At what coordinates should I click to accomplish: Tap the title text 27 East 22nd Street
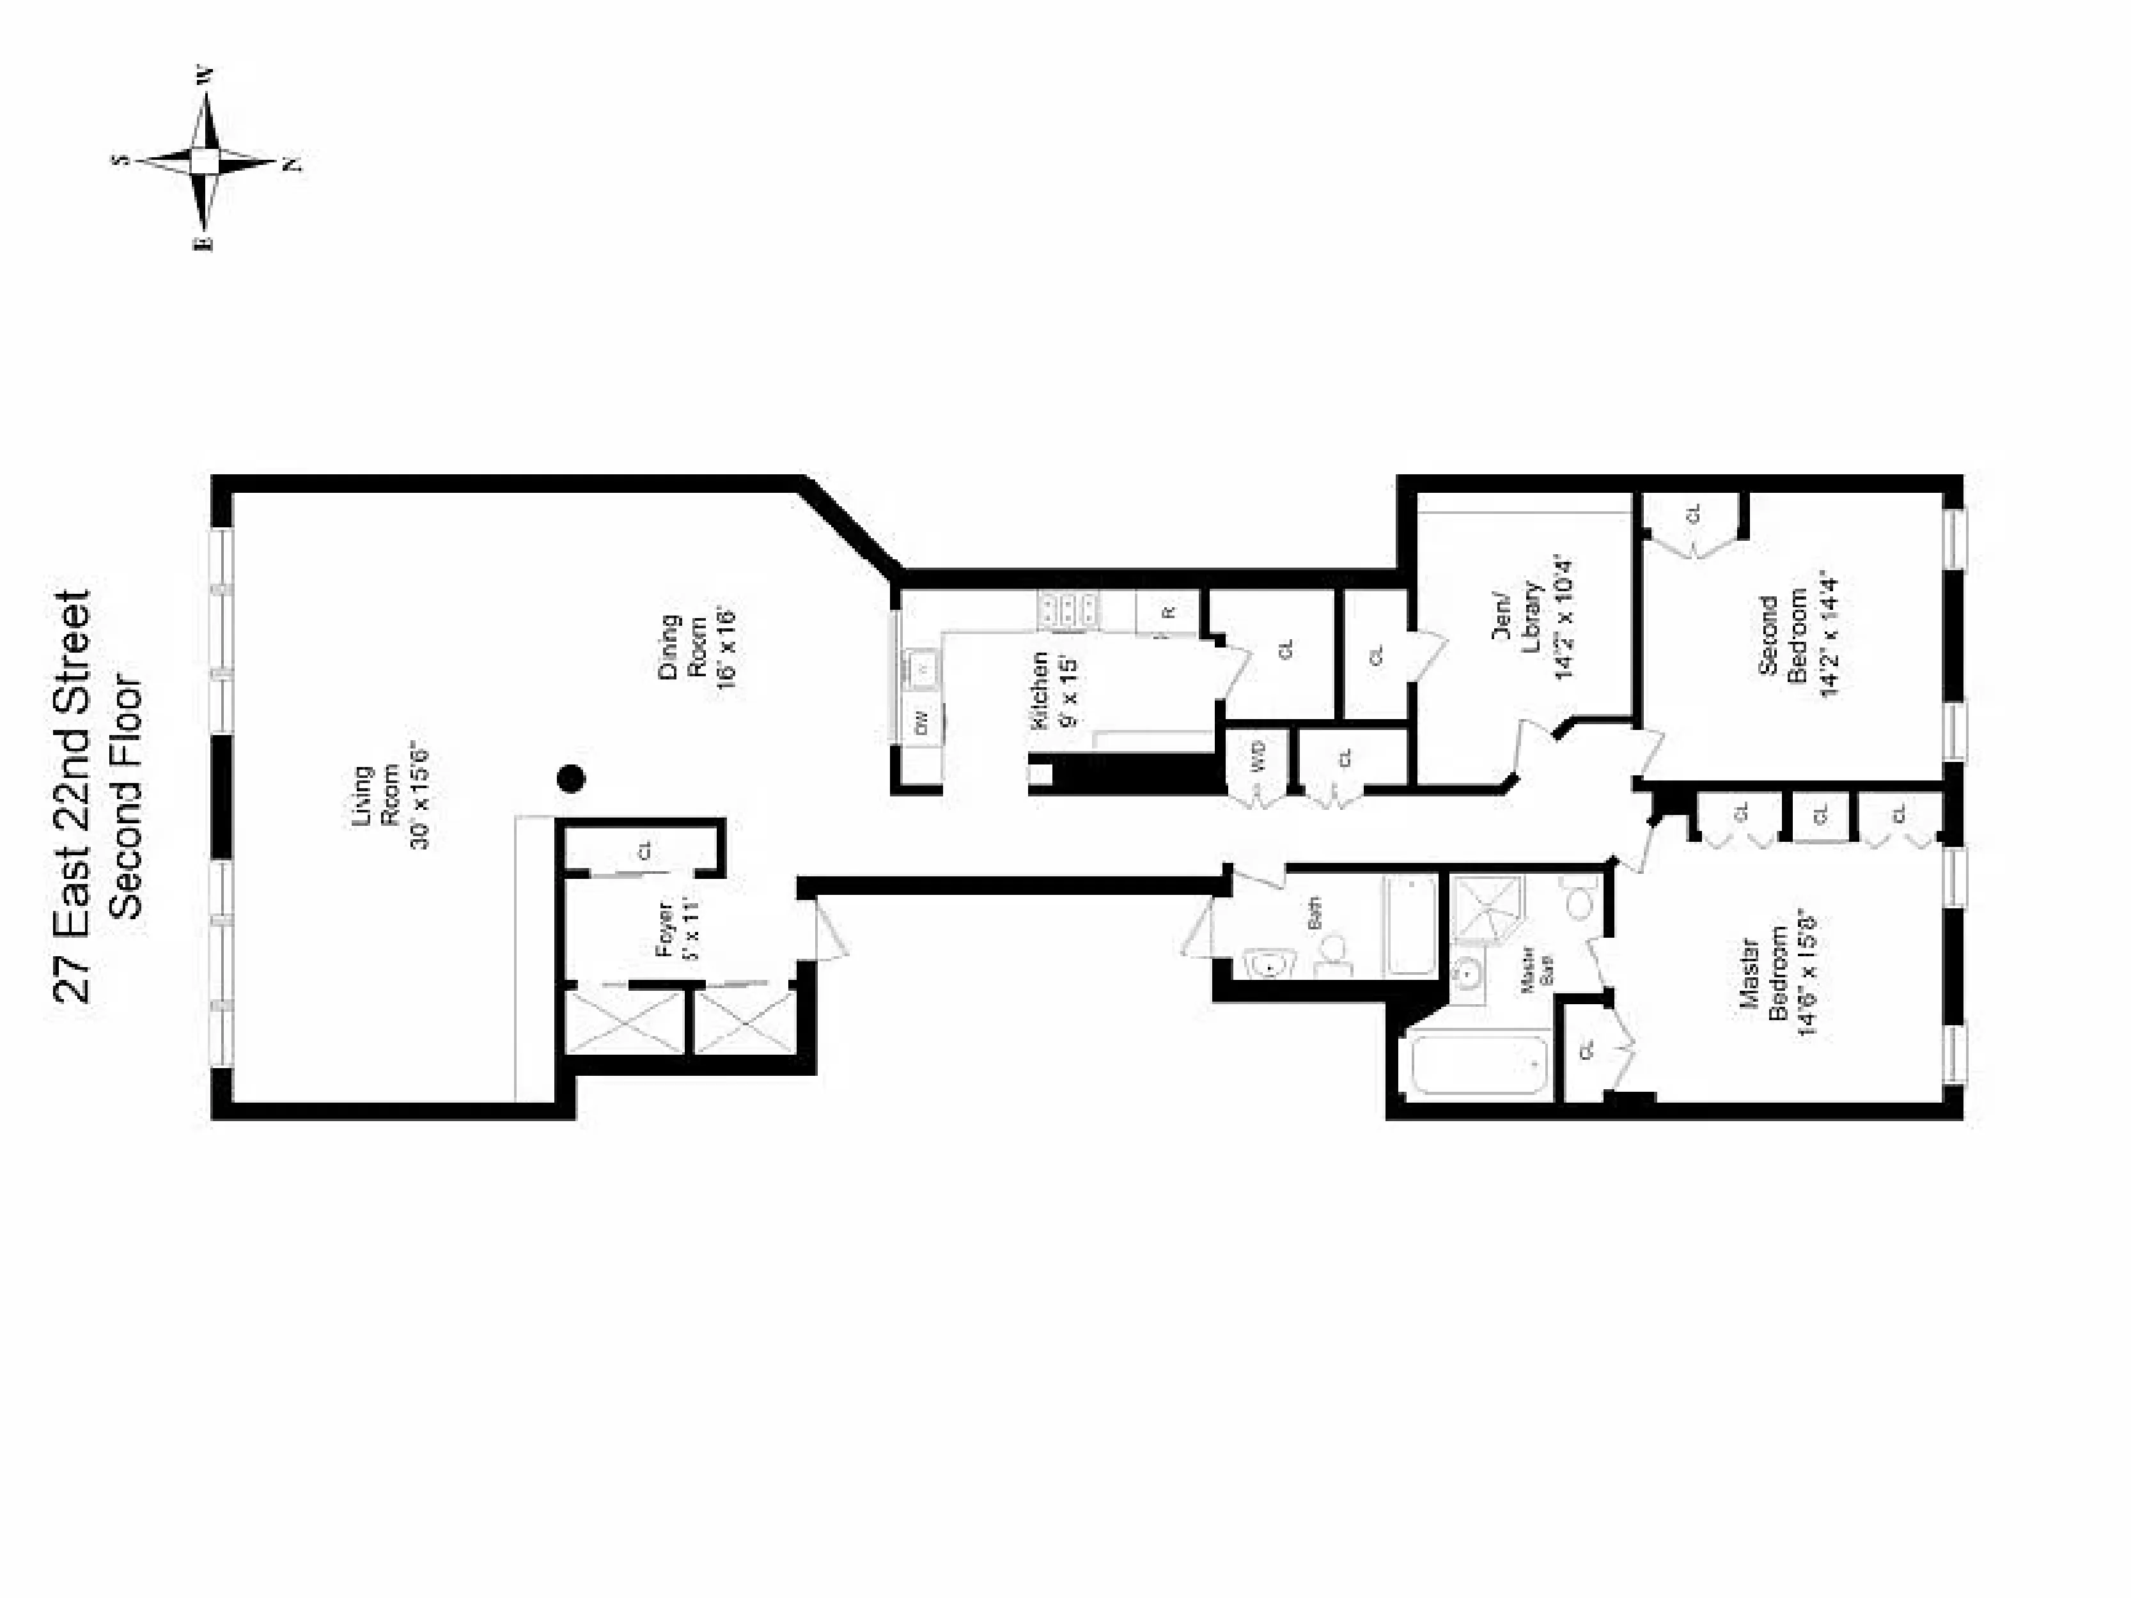pos(74,796)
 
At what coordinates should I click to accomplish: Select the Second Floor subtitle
pos(126,796)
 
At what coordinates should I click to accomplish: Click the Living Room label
pos(376,796)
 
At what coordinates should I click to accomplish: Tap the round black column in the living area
pos(572,779)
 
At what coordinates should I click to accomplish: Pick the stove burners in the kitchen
pos(1068,610)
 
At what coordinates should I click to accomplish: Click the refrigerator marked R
pos(1167,612)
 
